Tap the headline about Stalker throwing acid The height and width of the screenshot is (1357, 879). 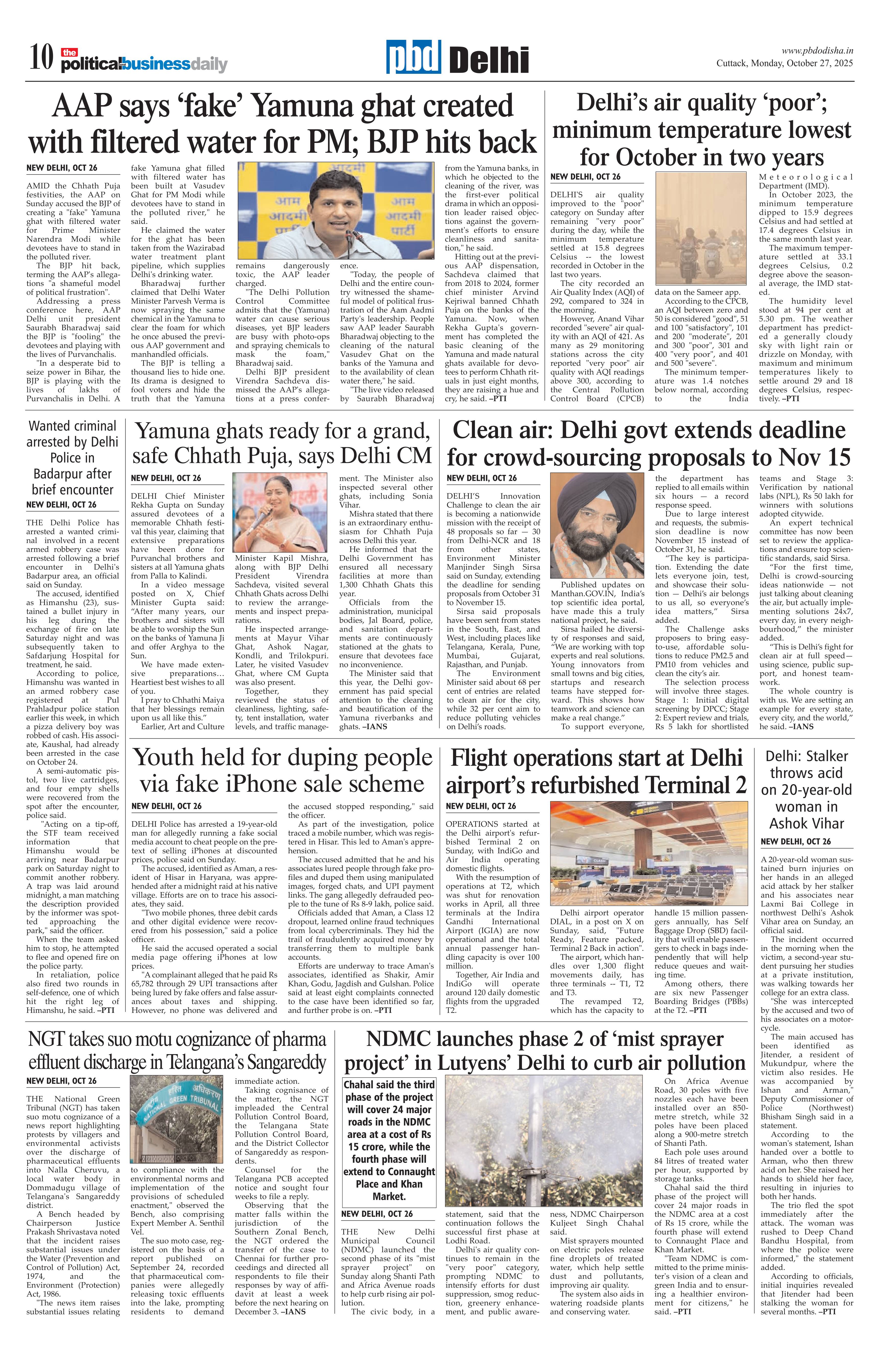click(807, 790)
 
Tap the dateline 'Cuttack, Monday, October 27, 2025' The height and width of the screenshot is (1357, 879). click(784, 63)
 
